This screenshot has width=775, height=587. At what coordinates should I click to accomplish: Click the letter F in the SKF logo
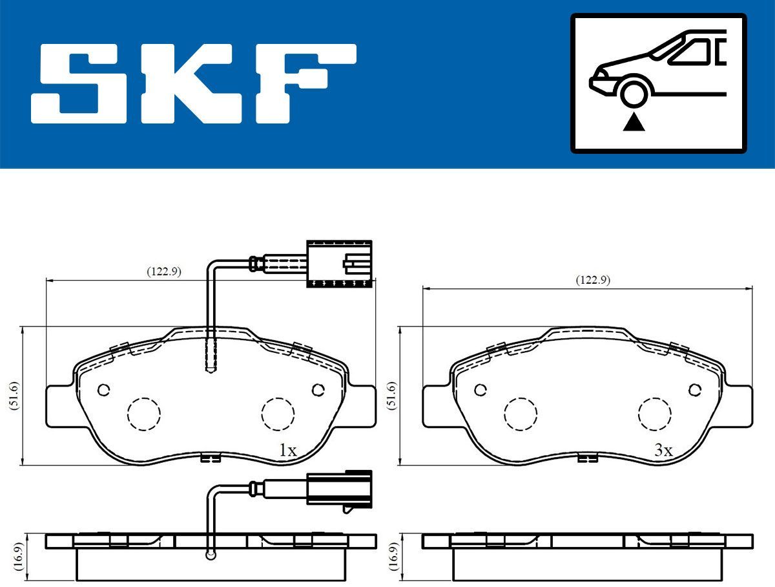click(304, 83)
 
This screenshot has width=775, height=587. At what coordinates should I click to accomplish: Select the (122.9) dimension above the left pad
click(163, 272)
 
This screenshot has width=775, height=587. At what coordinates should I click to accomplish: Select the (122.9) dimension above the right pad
click(592, 280)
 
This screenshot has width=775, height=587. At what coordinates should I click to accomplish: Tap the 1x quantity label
click(287, 451)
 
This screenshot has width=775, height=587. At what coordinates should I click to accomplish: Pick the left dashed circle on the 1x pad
click(143, 412)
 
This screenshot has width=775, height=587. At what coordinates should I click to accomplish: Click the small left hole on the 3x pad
click(480, 390)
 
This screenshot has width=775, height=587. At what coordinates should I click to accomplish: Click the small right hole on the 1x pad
click(317, 389)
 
